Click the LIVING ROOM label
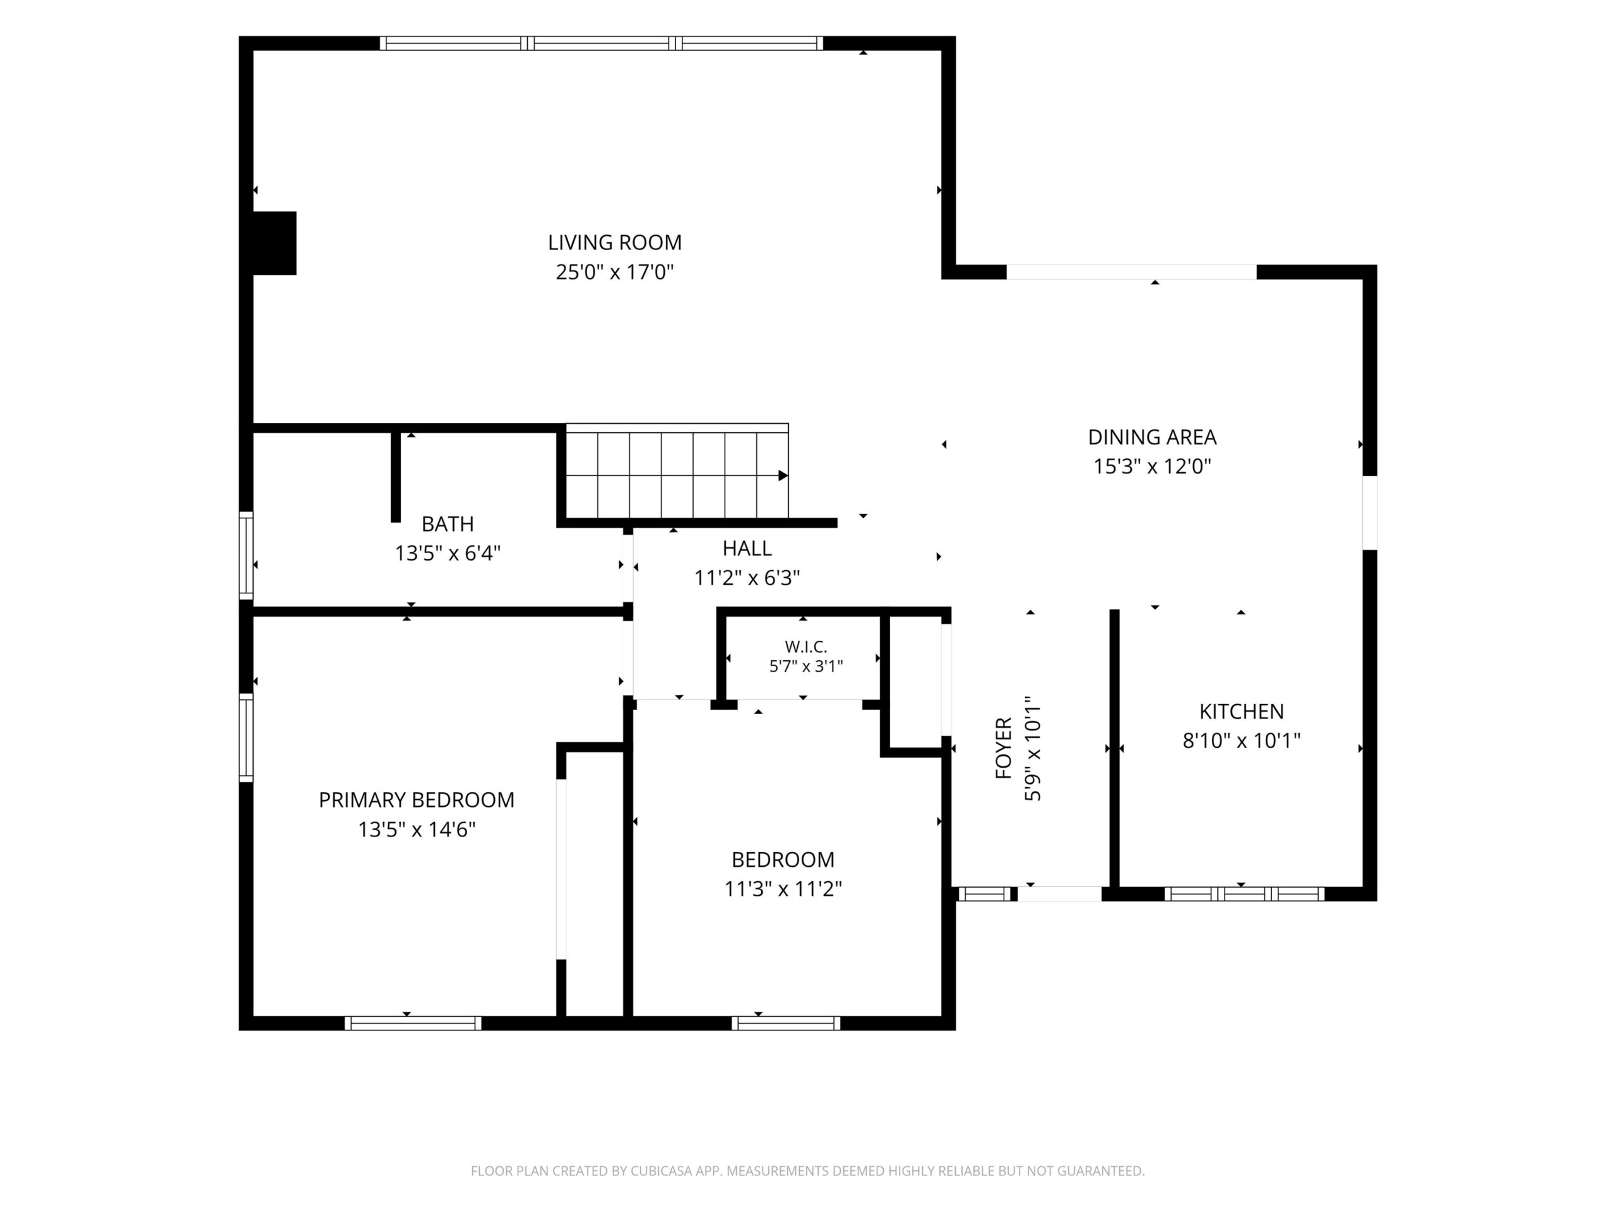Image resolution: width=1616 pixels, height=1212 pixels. (x=614, y=242)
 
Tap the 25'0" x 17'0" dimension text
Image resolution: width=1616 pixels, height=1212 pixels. (x=614, y=273)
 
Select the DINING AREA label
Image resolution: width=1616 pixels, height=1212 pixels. (x=1152, y=437)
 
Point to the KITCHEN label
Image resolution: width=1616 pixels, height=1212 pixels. (x=1241, y=711)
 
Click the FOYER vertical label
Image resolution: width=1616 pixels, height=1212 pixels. (x=1004, y=748)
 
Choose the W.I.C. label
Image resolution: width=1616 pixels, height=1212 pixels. (x=806, y=646)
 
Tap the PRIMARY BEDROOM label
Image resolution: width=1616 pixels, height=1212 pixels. (x=417, y=800)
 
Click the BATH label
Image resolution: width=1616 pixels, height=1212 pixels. (x=447, y=524)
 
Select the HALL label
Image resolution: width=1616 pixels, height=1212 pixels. (x=747, y=548)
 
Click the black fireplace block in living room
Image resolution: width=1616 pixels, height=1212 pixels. (x=275, y=243)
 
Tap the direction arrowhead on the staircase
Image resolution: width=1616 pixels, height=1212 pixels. (x=783, y=475)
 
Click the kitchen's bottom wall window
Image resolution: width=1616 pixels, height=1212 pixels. (x=1244, y=893)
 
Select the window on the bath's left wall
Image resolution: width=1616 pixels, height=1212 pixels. (x=246, y=555)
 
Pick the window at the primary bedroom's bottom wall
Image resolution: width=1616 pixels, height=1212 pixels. (x=413, y=1023)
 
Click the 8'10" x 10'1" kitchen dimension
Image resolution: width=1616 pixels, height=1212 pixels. (x=1241, y=741)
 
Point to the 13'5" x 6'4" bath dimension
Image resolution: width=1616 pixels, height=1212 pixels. (x=447, y=553)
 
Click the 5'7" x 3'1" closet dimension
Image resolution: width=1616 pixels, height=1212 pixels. (x=806, y=666)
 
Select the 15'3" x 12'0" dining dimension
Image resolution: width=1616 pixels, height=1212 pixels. (x=1152, y=466)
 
